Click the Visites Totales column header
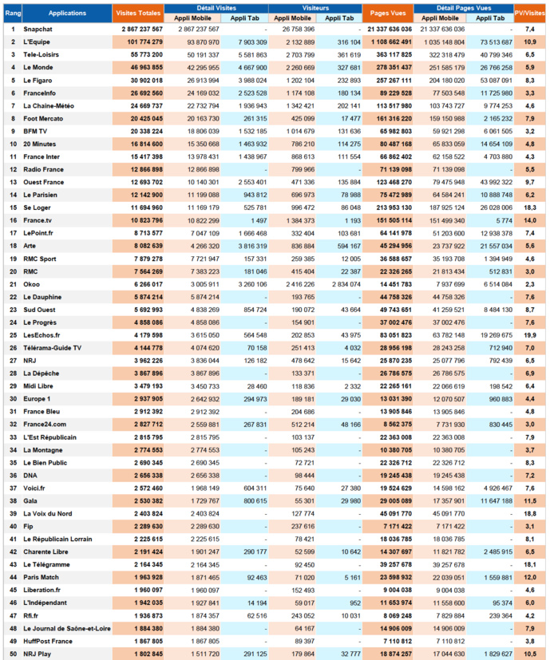pos(137,14)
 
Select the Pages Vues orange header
pos(387,14)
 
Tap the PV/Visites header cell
pos(529,14)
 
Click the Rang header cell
pos(13,14)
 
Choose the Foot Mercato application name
pos(43,118)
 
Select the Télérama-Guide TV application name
pos(53,348)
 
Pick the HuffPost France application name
pos(49,641)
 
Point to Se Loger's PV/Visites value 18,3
pos(529,207)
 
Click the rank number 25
pos(13,335)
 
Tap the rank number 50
pos(13,654)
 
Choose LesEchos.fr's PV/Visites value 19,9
pos(529,335)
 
